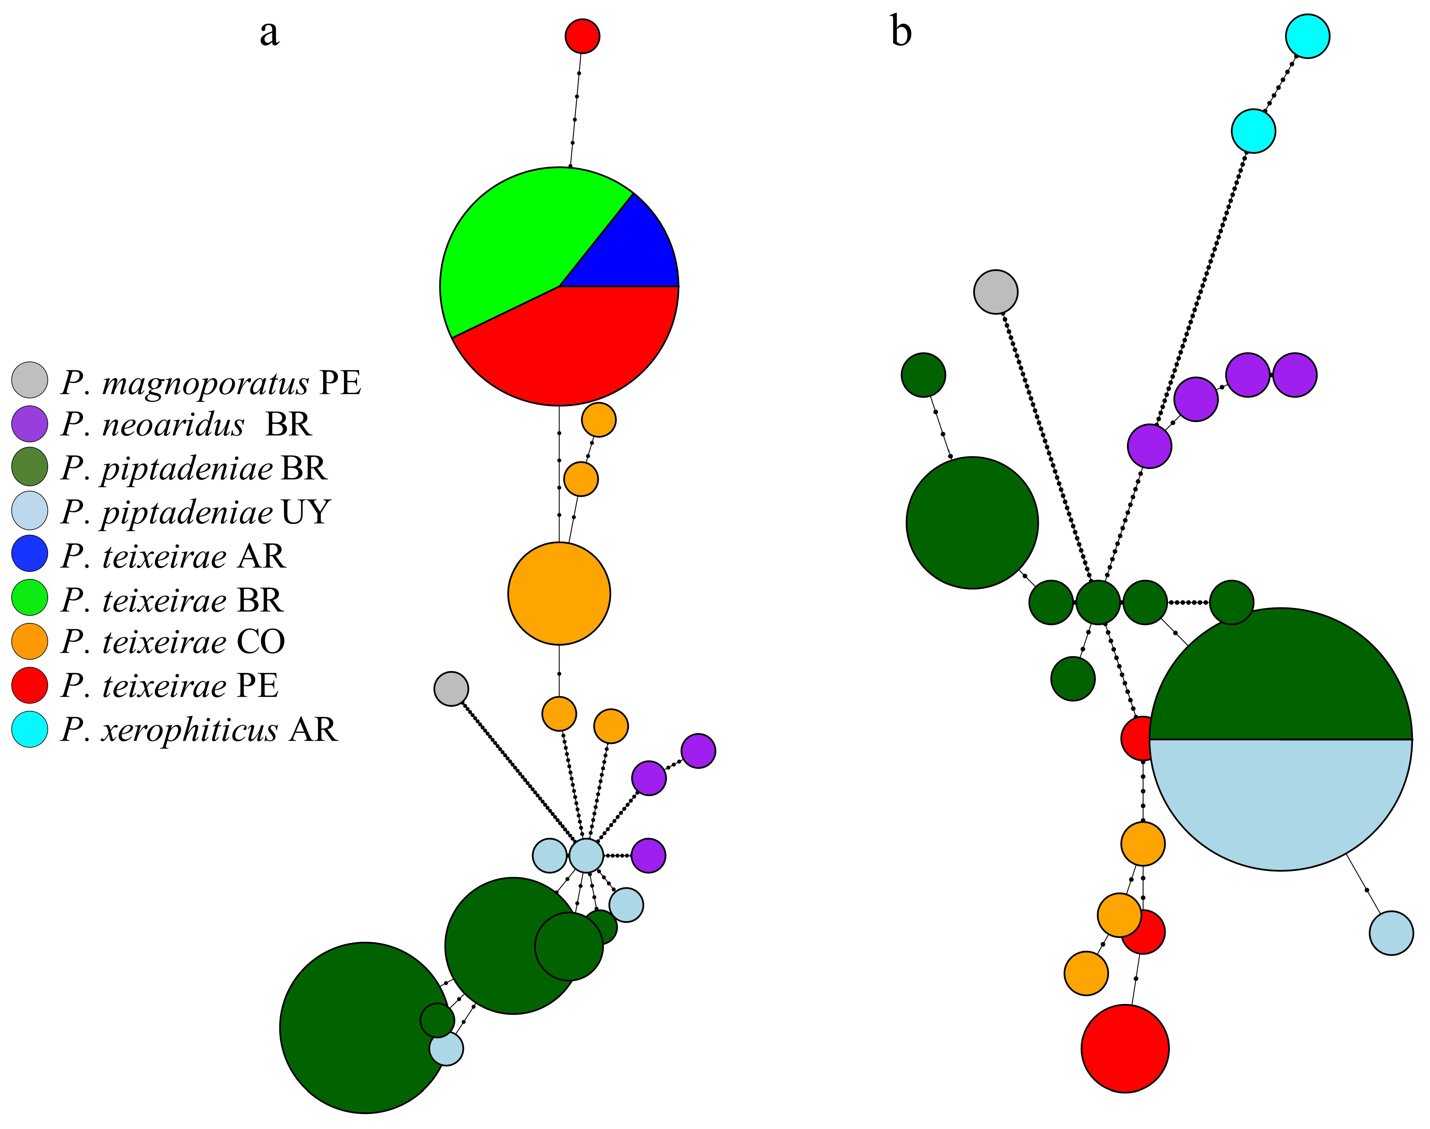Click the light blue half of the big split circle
click(1281, 800)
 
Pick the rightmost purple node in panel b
click(1295, 375)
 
